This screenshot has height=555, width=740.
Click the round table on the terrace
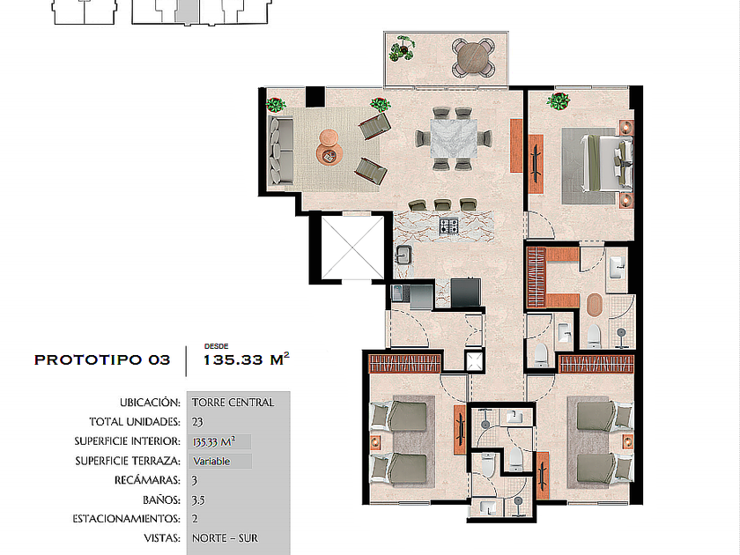pos(473,58)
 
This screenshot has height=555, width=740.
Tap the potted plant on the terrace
pos(403,48)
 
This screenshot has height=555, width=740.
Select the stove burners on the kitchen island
pos(448,226)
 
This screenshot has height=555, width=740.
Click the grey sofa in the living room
pos(281,151)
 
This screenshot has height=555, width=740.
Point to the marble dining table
pos(453,138)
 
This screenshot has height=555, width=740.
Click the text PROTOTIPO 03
pos(102,360)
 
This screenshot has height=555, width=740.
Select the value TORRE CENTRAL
pos(233,403)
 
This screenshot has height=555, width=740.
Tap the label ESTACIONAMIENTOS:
pos(126,519)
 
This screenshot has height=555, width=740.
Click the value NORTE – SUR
pos(226,538)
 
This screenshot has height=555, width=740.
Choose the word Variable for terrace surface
pos(211,461)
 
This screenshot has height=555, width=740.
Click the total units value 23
pos(197,422)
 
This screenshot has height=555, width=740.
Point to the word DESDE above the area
pos(216,346)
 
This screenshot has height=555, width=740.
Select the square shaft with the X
pos(352,248)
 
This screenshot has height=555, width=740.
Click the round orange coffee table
pos(329,147)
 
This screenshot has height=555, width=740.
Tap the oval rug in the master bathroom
pos(595,305)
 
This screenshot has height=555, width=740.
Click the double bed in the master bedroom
pos(606,163)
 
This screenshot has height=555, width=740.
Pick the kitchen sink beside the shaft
pos(403,255)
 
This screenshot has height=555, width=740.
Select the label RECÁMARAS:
pos(147,480)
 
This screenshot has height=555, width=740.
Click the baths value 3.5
pos(198,499)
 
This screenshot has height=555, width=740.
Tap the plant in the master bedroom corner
pos(559,101)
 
